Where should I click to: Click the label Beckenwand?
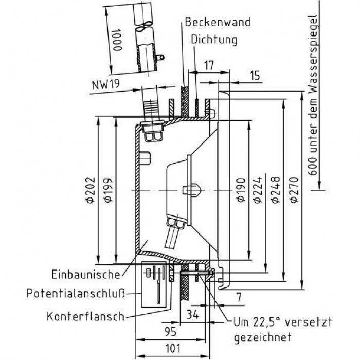pos(218,22)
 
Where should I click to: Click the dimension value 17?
pos(208,65)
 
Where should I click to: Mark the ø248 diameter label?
pos(273,190)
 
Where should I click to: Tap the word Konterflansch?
pos(85,315)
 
